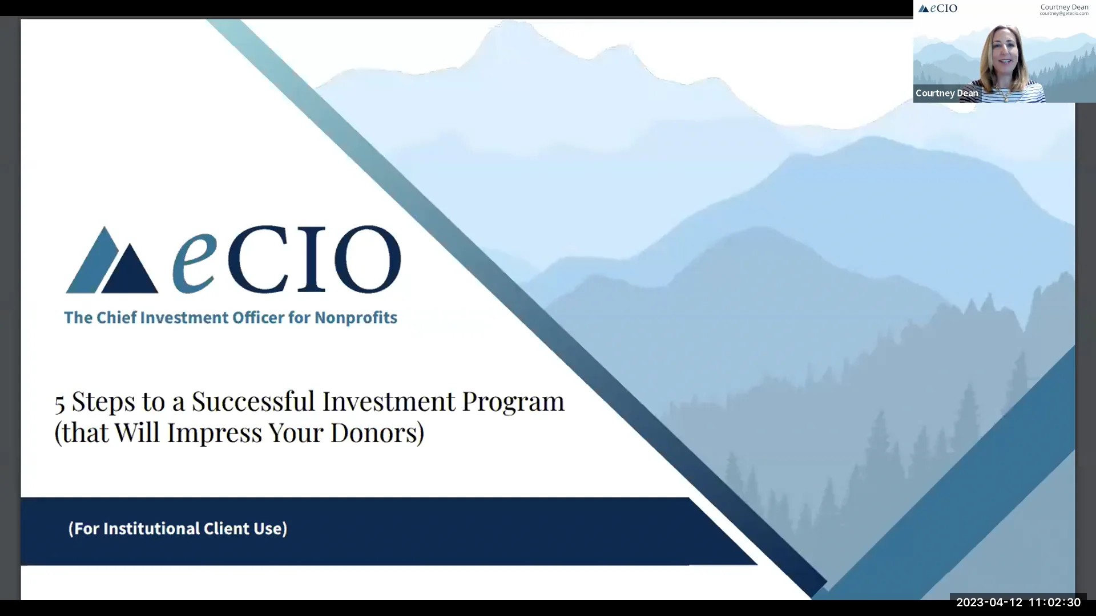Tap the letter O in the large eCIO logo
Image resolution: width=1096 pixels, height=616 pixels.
367,260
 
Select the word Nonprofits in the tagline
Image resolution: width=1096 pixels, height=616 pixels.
356,318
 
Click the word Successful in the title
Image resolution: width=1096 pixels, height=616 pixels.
253,402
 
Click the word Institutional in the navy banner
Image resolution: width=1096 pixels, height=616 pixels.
151,529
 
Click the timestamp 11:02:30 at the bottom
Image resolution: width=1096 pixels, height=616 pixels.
1054,603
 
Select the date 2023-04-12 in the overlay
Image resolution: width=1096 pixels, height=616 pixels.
989,603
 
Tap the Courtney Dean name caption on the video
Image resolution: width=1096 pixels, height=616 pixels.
946,94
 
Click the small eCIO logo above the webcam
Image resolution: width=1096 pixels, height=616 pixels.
938,9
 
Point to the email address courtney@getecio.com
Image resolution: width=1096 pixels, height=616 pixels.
1063,14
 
